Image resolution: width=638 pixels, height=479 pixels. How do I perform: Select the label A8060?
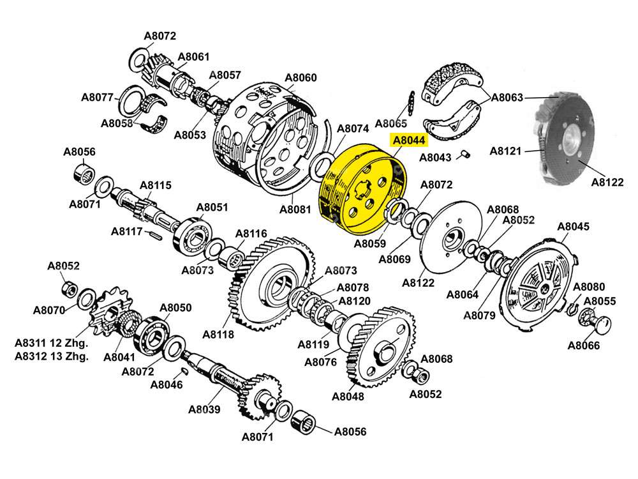[300, 78]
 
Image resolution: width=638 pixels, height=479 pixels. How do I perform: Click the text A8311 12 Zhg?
[52, 343]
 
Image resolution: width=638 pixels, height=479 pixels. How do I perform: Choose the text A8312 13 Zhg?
[52, 356]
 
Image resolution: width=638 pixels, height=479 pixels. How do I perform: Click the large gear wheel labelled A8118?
[268, 284]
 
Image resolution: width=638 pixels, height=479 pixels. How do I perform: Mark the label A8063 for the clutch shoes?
[507, 98]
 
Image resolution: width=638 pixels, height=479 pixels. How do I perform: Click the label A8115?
[156, 186]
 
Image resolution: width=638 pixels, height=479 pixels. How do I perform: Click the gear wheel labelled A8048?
[380, 348]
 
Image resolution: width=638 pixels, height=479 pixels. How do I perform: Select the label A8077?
[97, 98]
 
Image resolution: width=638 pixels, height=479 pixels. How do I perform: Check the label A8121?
[506, 151]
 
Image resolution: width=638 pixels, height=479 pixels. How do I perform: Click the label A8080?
[589, 287]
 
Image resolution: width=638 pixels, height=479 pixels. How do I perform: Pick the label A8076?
[320, 362]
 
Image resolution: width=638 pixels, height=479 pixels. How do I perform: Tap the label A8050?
[175, 308]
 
